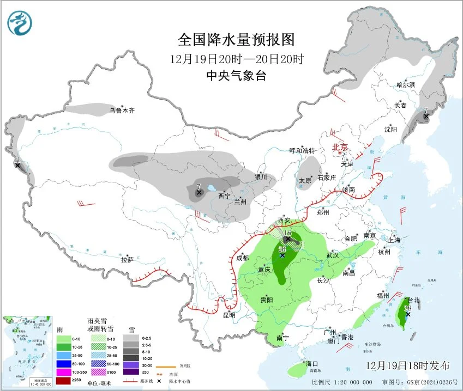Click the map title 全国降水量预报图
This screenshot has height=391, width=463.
tap(236, 40)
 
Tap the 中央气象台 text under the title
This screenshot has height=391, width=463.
tap(236, 76)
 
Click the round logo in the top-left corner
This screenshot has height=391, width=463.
tap(20, 23)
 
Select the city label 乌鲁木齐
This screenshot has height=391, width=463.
tap(121, 111)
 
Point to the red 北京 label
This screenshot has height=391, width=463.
tap(341, 146)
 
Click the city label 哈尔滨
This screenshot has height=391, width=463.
tap(405, 85)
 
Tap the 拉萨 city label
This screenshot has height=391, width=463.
tap(127, 260)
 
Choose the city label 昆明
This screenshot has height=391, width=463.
tap(229, 315)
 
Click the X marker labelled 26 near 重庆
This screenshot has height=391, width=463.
tap(282, 255)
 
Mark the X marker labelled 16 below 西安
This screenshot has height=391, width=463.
tap(287, 239)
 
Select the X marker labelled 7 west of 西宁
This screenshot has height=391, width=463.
tap(199, 193)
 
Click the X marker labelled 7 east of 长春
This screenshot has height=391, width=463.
tap(426, 115)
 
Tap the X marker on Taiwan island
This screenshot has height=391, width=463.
tap(407, 314)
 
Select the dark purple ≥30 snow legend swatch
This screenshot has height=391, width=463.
tap(130, 372)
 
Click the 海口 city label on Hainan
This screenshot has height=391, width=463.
tap(312, 363)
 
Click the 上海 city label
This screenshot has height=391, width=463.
tap(394, 240)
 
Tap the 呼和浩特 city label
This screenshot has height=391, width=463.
tap(302, 150)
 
